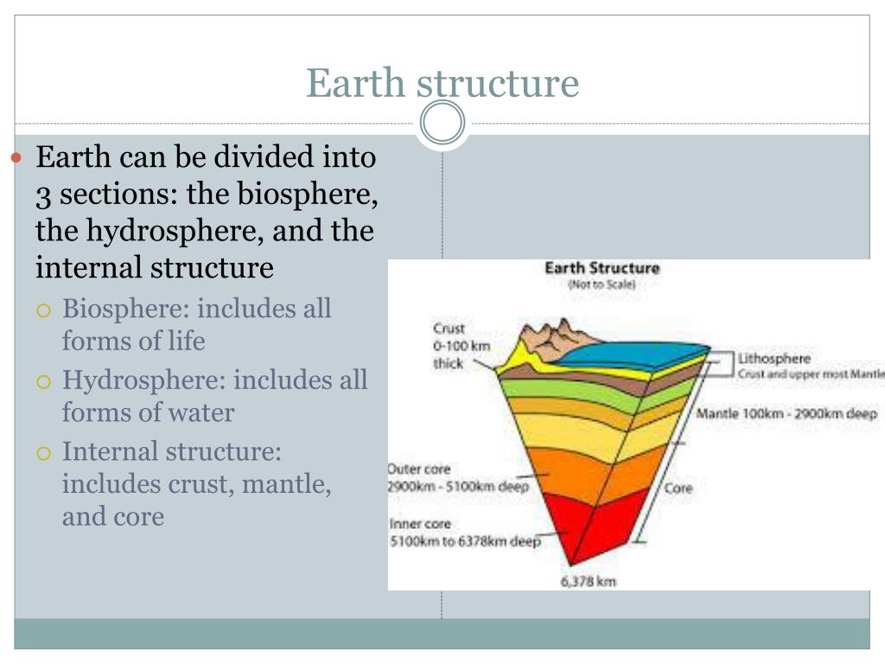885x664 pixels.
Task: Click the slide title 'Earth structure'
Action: pyautogui.click(x=442, y=84)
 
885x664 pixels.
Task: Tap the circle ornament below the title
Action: pyautogui.click(x=442, y=123)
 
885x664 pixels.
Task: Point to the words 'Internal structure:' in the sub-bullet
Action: pyautogui.click(x=172, y=451)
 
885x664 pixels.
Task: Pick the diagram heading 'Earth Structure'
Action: pyautogui.click(x=602, y=268)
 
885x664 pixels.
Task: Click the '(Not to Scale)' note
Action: pyautogui.click(x=602, y=284)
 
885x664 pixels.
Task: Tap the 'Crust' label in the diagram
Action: pyautogui.click(x=449, y=329)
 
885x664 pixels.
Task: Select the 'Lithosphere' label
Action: pyautogui.click(x=774, y=358)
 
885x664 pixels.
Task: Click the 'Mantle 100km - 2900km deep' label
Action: pyautogui.click(x=786, y=413)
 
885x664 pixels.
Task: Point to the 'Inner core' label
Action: pyautogui.click(x=420, y=524)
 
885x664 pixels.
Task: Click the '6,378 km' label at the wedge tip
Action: pyautogui.click(x=589, y=582)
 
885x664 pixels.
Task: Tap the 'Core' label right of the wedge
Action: pyautogui.click(x=678, y=488)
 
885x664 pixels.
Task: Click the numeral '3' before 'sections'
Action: pyautogui.click(x=42, y=195)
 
